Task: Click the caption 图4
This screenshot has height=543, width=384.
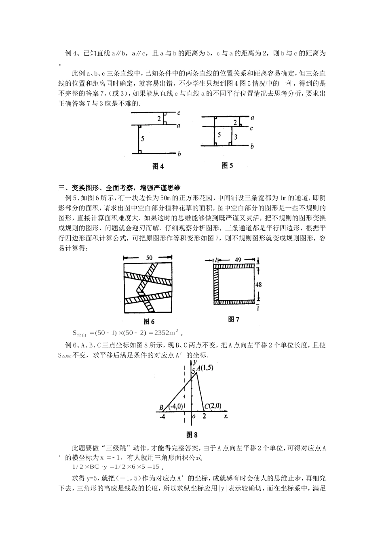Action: (158, 166)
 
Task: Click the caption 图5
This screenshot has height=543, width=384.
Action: (227, 166)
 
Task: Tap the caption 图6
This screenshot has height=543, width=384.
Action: (149, 322)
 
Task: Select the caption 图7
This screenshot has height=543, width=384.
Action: (234, 320)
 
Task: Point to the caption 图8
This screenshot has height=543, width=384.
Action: (192, 435)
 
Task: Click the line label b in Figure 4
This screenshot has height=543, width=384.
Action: (179, 154)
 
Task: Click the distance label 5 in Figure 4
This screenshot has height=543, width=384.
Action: (142, 139)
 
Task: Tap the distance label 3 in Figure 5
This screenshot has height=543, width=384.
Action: (236, 137)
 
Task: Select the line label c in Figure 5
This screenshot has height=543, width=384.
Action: (251, 128)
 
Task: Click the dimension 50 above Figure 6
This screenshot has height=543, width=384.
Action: (149, 257)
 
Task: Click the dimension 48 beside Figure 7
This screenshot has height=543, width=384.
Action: (259, 284)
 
